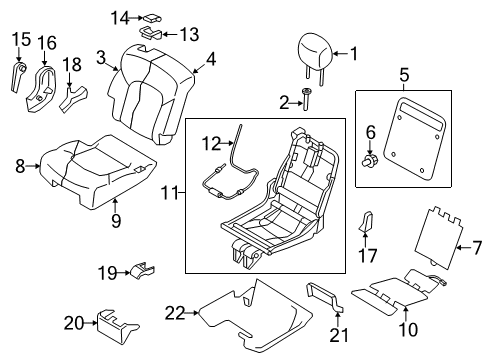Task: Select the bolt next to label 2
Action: coord(308,100)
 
